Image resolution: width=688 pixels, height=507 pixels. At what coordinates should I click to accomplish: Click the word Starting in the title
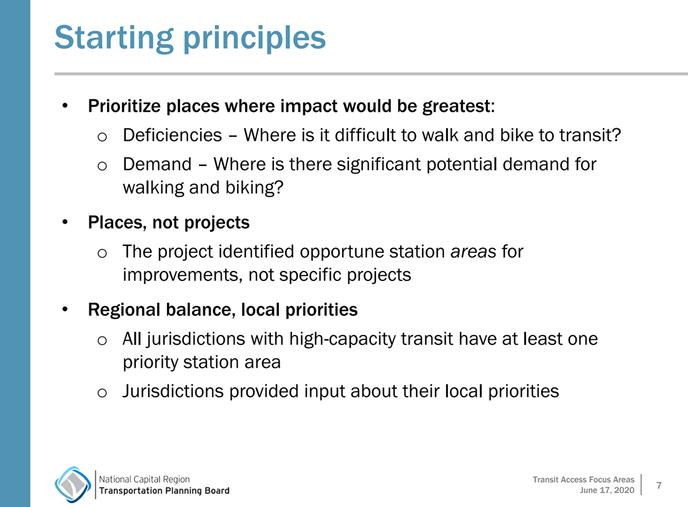pos(114,38)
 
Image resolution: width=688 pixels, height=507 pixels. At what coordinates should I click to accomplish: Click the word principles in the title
pos(255,38)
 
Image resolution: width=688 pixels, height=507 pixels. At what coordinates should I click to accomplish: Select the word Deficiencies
pos(173,135)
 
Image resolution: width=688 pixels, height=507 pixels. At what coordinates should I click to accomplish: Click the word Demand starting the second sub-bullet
pos(157,164)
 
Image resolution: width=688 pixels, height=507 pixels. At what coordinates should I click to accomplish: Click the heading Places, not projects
pos(168,223)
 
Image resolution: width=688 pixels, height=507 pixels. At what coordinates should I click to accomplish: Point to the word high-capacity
pos(342,339)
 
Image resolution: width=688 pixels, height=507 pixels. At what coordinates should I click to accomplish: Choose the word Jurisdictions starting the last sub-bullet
pos(173,391)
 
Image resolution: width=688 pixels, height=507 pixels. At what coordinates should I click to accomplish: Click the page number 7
pos(659,486)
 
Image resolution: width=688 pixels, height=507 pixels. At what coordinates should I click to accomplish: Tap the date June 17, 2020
pos(607,490)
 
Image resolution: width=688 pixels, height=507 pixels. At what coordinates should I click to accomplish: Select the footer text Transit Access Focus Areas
pos(584,480)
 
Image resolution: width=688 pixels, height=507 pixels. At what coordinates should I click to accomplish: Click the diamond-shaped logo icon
pos(73,484)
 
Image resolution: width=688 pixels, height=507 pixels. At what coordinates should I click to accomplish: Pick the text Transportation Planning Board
pos(164,491)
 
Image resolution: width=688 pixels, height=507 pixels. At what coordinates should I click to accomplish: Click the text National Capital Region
pos(144,479)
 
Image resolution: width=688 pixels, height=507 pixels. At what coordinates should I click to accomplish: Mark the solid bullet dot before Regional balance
pos(65,309)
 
